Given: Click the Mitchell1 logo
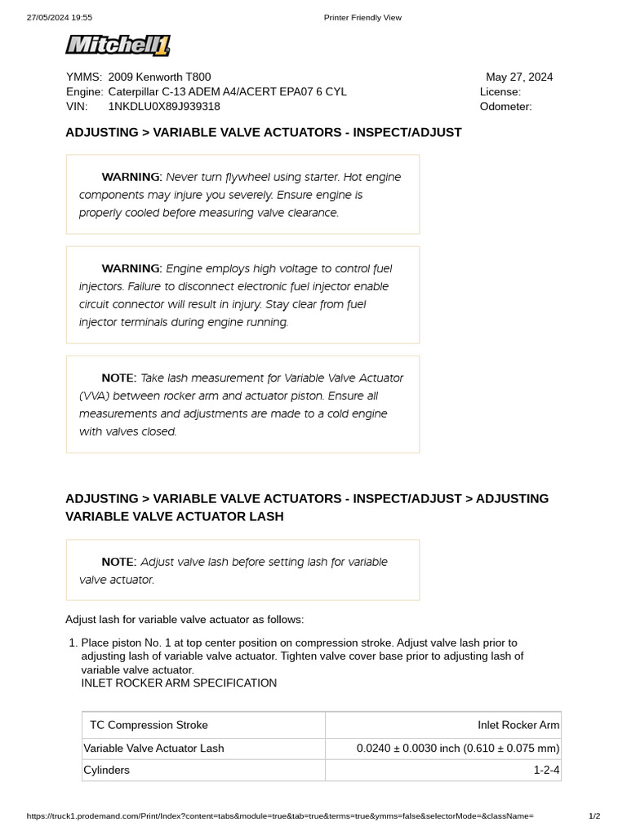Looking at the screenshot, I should pyautogui.click(x=118, y=46).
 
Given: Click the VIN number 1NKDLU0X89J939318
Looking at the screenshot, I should pyautogui.click(x=163, y=106).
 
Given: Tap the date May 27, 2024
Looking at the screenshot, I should pyautogui.click(x=518, y=77).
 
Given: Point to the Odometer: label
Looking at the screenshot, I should pyautogui.click(x=505, y=106).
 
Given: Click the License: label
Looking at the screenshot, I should pyautogui.click(x=500, y=91).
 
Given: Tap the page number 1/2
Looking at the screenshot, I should pyautogui.click(x=594, y=816).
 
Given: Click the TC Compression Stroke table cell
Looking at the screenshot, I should pyautogui.click(x=149, y=725).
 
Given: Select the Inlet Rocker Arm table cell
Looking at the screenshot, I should pyautogui.click(x=518, y=725).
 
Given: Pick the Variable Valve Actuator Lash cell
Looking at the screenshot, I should pyautogui.click(x=153, y=748).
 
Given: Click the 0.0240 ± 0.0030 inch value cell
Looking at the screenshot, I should pyautogui.click(x=458, y=748).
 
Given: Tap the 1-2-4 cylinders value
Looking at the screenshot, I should pyautogui.click(x=546, y=770).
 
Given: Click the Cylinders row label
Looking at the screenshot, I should pyautogui.click(x=107, y=770).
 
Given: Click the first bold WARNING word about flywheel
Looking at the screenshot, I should pyautogui.click(x=131, y=177).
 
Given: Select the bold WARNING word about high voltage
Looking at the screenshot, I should pyautogui.click(x=131, y=268).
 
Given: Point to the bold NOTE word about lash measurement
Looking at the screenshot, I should pyautogui.click(x=118, y=378).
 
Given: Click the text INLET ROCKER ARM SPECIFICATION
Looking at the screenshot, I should pyautogui.click(x=179, y=683).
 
